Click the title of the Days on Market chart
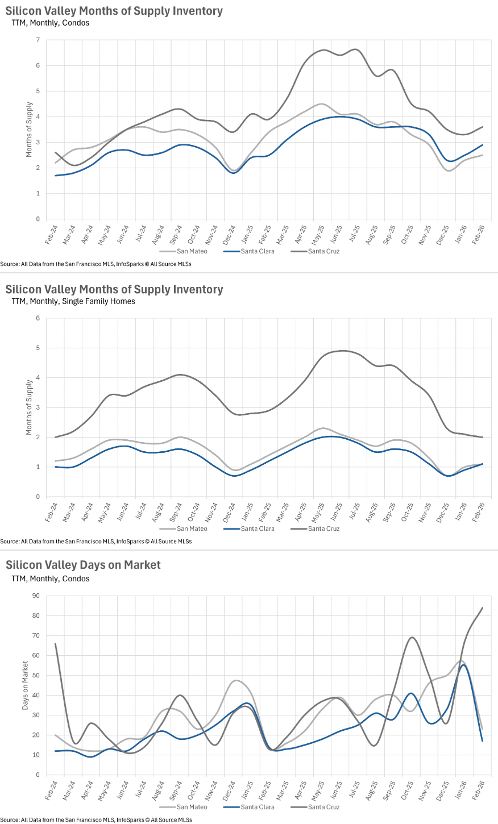coord(83,565)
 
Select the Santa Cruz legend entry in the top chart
coord(323,251)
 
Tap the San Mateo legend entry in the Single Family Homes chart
coord(192,528)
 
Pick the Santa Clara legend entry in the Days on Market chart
coord(258,807)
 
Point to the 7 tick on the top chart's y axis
coord(38,40)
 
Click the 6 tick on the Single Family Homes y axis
coord(38,318)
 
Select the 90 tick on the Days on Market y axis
coord(36,596)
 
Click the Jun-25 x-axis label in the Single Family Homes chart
coord(337,512)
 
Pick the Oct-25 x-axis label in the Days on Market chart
coord(408,790)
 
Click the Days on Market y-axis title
coord(25,685)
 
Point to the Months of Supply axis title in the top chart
coord(29,130)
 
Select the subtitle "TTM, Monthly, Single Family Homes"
coord(73,301)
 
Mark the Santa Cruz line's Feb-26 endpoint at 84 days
coord(482,608)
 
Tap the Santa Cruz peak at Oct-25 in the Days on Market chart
coord(412,637)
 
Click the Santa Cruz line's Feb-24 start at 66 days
coord(55,644)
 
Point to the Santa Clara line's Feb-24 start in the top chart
coord(55,176)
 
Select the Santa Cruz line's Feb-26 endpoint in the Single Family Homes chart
coord(482,437)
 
